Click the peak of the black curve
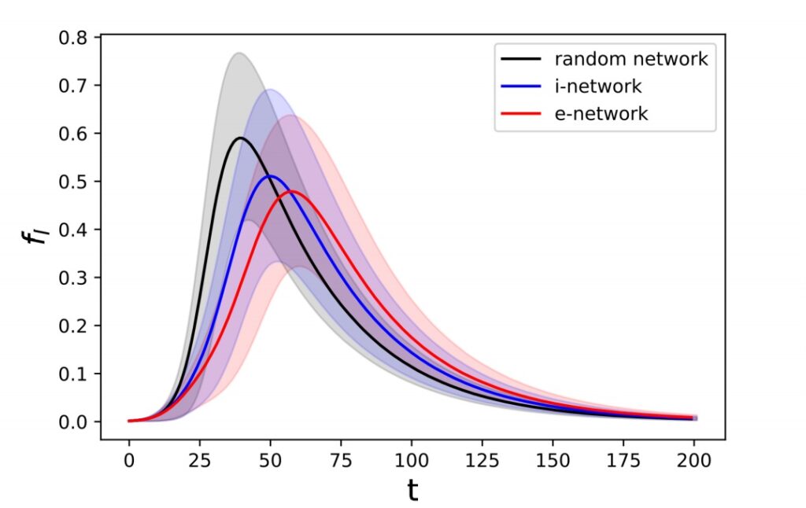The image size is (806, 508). click(x=239, y=138)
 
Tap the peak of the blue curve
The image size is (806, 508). click(x=270, y=175)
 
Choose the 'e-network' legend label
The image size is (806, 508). click(x=601, y=113)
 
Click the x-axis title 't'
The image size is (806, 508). click(x=412, y=491)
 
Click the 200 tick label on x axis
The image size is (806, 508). click(x=693, y=458)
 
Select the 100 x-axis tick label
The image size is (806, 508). click(x=411, y=458)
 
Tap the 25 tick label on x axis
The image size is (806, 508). click(x=199, y=458)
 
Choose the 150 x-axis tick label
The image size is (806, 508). click(x=552, y=458)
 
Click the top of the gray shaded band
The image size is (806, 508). click(x=238, y=53)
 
